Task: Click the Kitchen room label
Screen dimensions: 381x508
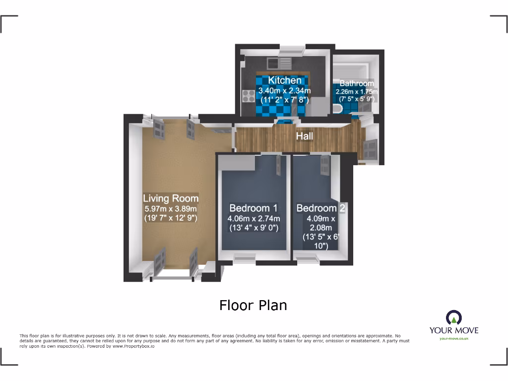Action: point(284,80)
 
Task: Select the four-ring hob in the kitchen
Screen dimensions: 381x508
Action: point(248,95)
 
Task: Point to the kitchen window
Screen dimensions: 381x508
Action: point(291,50)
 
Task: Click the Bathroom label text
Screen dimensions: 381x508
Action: point(356,83)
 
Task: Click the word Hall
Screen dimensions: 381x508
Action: point(305,135)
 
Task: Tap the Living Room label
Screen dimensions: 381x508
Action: point(171,198)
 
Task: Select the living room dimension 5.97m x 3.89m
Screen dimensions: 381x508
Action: point(171,208)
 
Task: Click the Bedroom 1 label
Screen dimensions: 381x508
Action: point(253,208)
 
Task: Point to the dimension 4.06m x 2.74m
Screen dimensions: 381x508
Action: point(254,219)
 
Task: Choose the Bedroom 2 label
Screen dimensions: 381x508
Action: point(320,208)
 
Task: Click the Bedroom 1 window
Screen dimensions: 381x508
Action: point(245,256)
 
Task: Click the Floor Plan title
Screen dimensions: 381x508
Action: point(253,305)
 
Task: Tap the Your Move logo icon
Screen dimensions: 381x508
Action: point(454,317)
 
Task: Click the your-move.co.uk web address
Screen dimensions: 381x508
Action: point(454,338)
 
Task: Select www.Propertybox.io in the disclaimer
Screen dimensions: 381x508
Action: point(132,346)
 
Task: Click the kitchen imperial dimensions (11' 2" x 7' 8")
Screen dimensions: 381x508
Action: point(284,100)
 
